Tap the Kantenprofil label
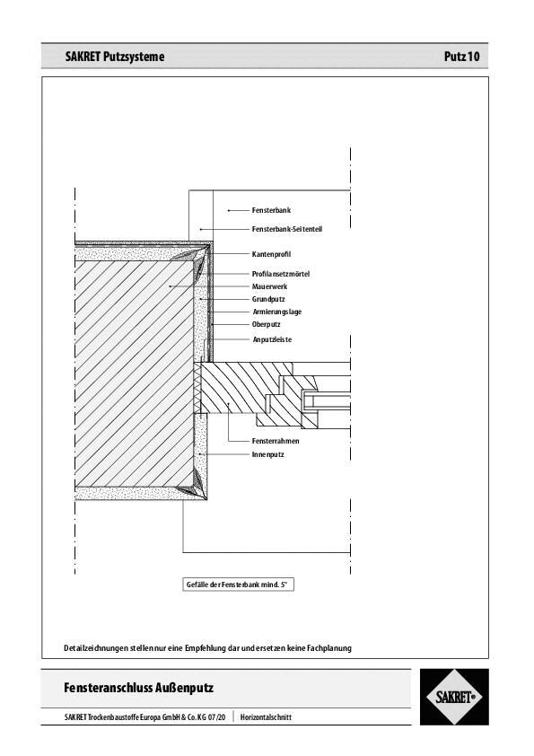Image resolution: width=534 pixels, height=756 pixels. [272, 255]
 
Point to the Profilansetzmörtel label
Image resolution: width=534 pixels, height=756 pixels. [280, 274]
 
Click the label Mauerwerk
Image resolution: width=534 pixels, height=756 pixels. [269, 286]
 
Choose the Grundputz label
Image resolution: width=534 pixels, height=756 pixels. [268, 299]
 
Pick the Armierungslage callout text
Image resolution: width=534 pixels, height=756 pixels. [276, 312]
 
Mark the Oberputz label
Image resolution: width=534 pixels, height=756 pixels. [267, 324]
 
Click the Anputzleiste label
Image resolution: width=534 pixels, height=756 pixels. [272, 340]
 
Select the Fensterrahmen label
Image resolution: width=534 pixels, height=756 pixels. [276, 442]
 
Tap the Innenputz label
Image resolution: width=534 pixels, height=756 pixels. [268, 455]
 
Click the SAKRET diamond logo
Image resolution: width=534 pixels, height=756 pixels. [454, 697]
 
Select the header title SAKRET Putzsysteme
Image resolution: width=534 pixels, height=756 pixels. [115, 57]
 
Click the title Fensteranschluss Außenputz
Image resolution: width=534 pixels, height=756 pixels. [139, 689]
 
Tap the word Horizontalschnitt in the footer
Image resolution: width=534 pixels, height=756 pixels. [266, 717]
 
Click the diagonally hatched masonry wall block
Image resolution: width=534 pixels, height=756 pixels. [135, 373]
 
